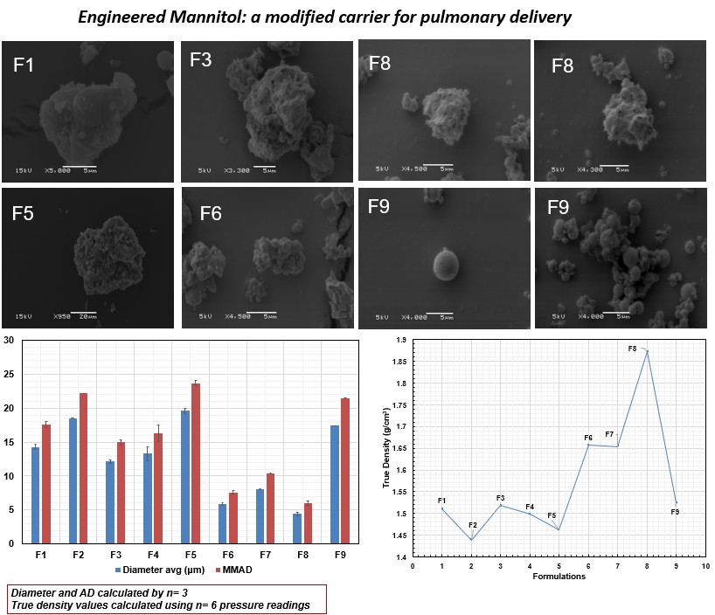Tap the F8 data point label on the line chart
click(632, 349)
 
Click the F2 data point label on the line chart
click(472, 525)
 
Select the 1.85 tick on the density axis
click(401, 362)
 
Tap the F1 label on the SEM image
click(24, 65)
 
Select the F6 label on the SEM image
click(212, 213)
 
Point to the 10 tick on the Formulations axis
click(705, 566)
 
